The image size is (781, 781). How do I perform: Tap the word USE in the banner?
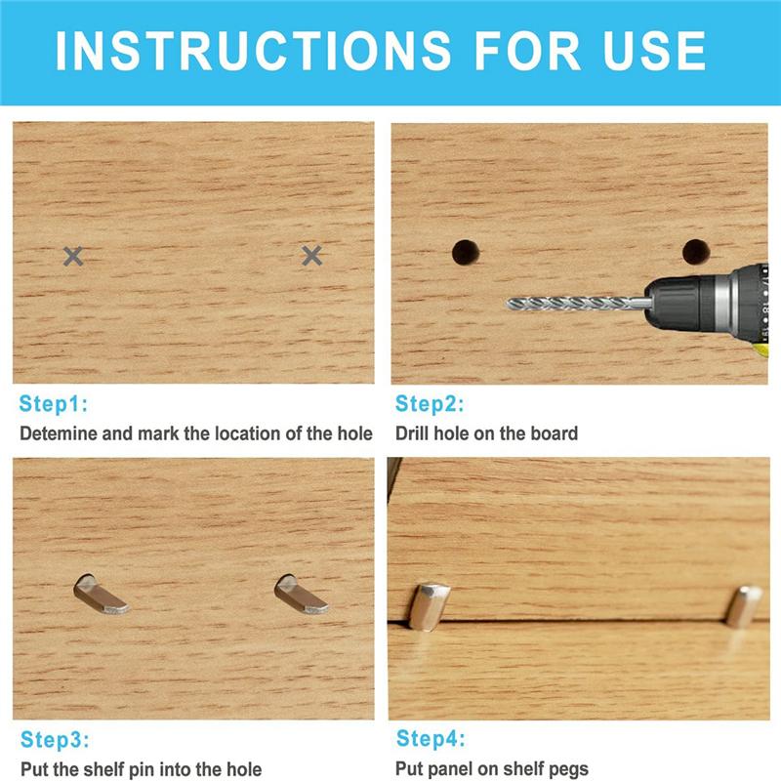click(654, 51)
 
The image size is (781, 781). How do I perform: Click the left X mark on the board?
click(73, 256)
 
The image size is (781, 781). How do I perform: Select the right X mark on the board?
click(311, 256)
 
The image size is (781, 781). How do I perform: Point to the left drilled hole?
click(466, 252)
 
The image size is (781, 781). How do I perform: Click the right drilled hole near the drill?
click(696, 252)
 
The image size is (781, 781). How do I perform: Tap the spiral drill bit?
click(579, 303)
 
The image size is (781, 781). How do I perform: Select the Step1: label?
click(54, 403)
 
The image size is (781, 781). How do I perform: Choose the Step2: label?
click(430, 403)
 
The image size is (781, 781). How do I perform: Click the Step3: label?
click(55, 739)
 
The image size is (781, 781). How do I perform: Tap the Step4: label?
click(431, 738)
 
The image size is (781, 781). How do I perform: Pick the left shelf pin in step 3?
click(100, 596)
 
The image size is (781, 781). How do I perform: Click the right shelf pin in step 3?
click(301, 596)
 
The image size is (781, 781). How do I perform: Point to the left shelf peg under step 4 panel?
click(429, 606)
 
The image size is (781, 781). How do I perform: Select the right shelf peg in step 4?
click(744, 606)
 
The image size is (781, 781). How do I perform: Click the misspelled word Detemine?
click(59, 433)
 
